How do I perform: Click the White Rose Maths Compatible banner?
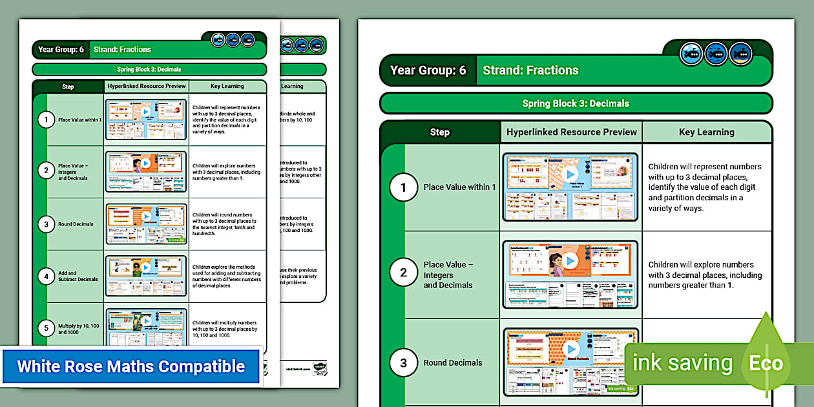(131, 367)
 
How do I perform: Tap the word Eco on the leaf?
(766, 363)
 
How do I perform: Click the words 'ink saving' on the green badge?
(682, 363)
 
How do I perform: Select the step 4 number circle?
(46, 277)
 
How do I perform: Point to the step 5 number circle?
(46, 328)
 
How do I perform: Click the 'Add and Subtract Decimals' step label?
(78, 277)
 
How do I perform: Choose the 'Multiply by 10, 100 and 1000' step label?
(79, 328)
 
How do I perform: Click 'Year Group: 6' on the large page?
(428, 70)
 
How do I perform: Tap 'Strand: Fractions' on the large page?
(530, 70)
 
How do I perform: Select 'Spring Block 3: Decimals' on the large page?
(576, 103)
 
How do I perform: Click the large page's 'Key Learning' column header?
(707, 132)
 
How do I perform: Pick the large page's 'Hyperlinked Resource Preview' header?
(572, 132)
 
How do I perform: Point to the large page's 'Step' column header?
(439, 132)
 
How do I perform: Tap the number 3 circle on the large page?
(404, 363)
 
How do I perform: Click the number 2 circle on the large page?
(404, 273)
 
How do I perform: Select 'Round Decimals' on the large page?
(453, 363)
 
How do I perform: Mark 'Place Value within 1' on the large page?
(460, 187)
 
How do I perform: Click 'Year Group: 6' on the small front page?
(61, 50)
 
